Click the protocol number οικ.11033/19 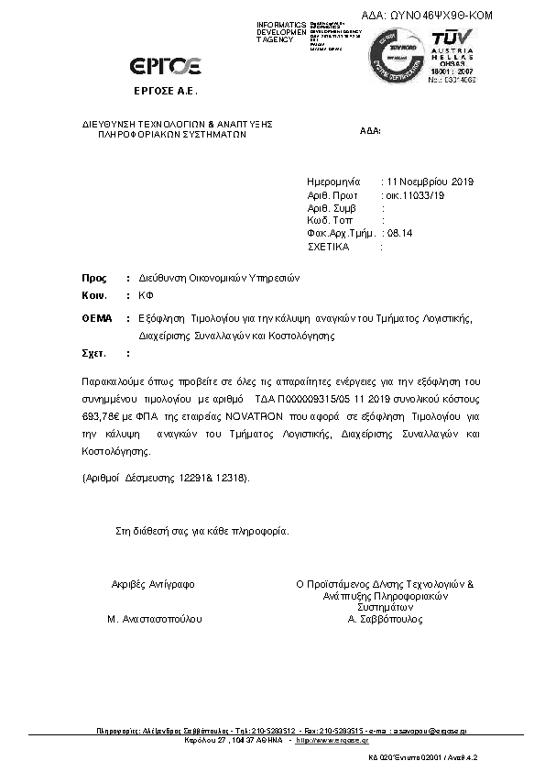point(415,195)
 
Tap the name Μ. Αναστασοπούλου point(155,619)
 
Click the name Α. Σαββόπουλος point(384,619)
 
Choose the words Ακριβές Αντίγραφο point(153,583)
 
